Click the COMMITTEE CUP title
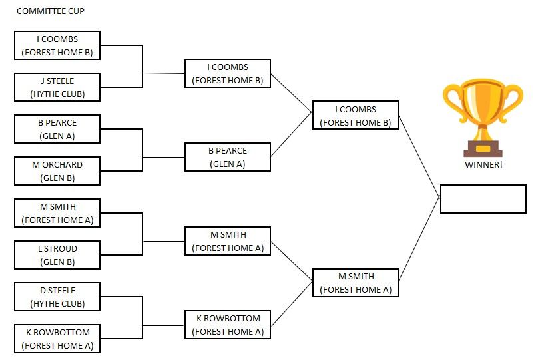click(51, 11)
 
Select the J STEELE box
click(57, 87)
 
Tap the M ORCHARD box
click(57, 171)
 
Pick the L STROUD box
click(57, 255)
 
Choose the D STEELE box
click(57, 297)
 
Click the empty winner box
click(483, 199)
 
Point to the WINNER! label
click(483, 164)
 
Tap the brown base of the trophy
click(483, 149)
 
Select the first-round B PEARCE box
click(57, 129)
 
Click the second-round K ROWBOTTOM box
click(228, 325)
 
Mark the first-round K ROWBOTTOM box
click(57, 339)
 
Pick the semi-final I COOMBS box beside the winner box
click(356, 115)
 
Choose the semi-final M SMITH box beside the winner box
click(356, 283)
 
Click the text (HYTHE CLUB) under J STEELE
click(57, 94)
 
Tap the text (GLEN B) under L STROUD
click(57, 262)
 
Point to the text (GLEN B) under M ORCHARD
click(57, 178)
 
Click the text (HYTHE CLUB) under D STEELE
click(57, 304)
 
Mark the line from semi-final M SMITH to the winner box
click(419, 240)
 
